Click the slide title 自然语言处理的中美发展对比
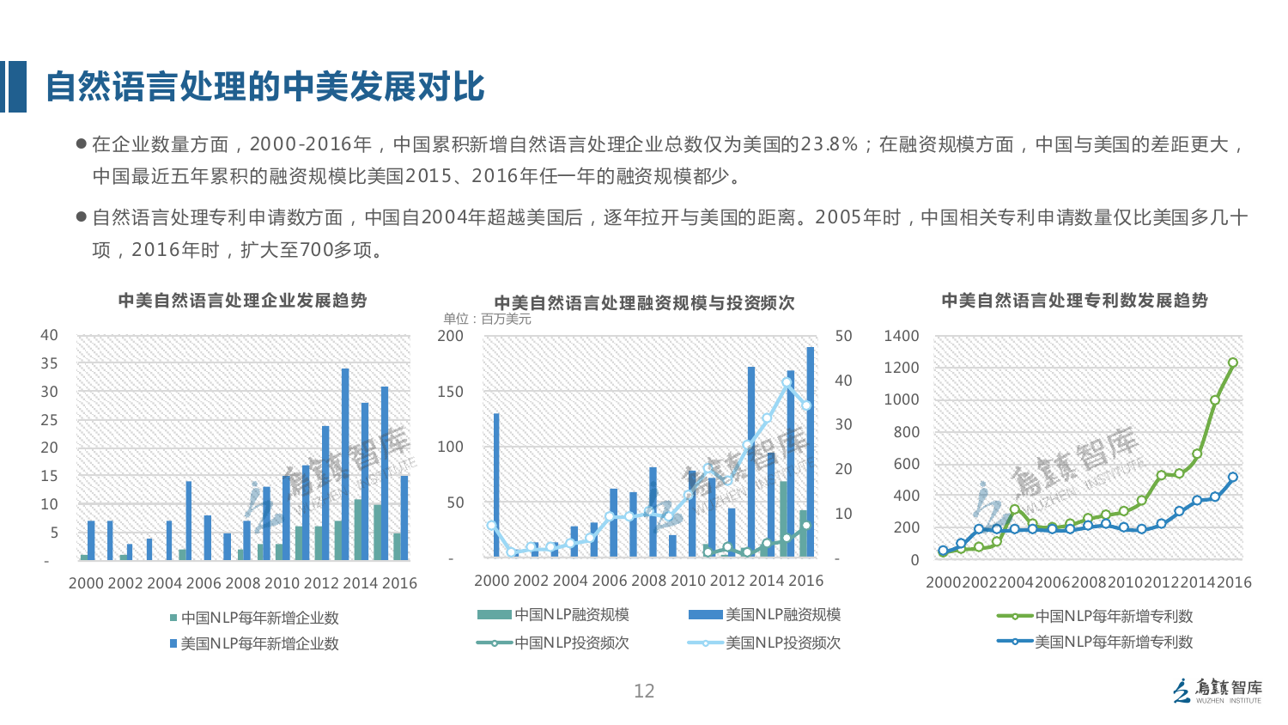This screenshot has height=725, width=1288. coord(264,87)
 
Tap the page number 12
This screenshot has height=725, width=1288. coord(644,691)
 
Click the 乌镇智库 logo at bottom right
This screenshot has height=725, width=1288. coord(1218,691)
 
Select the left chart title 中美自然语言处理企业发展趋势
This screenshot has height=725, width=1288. coord(242,301)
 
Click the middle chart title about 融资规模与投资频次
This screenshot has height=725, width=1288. coord(644,303)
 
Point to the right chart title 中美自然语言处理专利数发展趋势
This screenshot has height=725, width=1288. coord(1074,301)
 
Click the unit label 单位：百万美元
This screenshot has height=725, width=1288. coord(487,320)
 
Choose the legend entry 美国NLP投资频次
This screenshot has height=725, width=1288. coord(764,643)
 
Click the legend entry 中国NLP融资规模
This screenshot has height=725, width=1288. coord(554,615)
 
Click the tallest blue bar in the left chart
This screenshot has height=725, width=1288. coord(345,464)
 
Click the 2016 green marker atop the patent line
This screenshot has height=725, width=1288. coord(1233,363)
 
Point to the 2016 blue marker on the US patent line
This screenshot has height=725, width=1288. coord(1233,478)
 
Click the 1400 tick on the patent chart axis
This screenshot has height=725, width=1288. coord(902,337)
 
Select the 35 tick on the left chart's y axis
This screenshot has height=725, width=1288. coord(50,363)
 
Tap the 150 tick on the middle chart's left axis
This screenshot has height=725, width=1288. coord(450,392)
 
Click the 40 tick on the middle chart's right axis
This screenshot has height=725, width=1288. coord(843,381)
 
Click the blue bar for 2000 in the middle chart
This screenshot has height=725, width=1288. coord(496,485)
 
